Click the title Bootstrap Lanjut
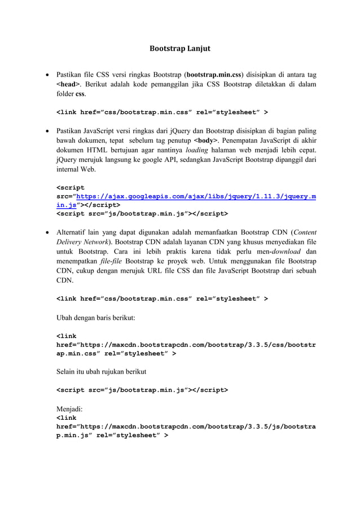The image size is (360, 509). pos(179,49)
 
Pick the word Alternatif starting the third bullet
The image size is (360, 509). pos(73,232)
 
